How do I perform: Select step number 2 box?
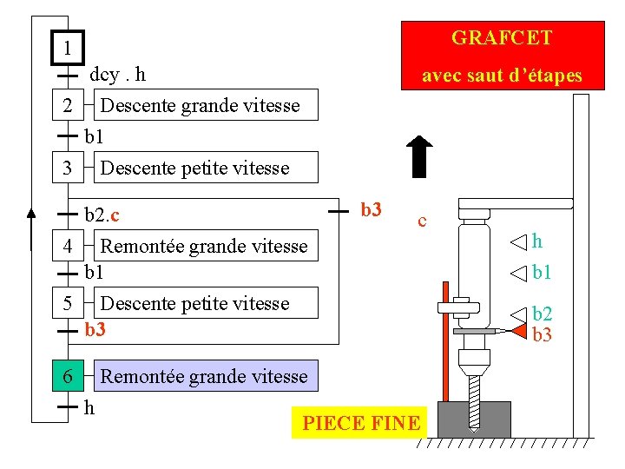tap(68, 107)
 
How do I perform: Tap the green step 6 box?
tap(68, 376)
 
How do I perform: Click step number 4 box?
tap(68, 247)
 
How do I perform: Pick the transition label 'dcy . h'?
tap(117, 75)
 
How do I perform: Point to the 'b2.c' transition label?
tap(102, 214)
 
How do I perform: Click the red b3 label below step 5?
tap(95, 330)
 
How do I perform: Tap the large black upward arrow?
tap(419, 158)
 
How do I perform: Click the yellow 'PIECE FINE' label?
tap(360, 423)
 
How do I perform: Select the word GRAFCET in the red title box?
tap(502, 38)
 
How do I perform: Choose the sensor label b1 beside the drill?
tap(542, 274)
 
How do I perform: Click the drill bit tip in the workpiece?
tap(474, 424)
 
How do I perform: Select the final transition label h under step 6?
tap(89, 406)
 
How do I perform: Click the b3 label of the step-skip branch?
tap(371, 209)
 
